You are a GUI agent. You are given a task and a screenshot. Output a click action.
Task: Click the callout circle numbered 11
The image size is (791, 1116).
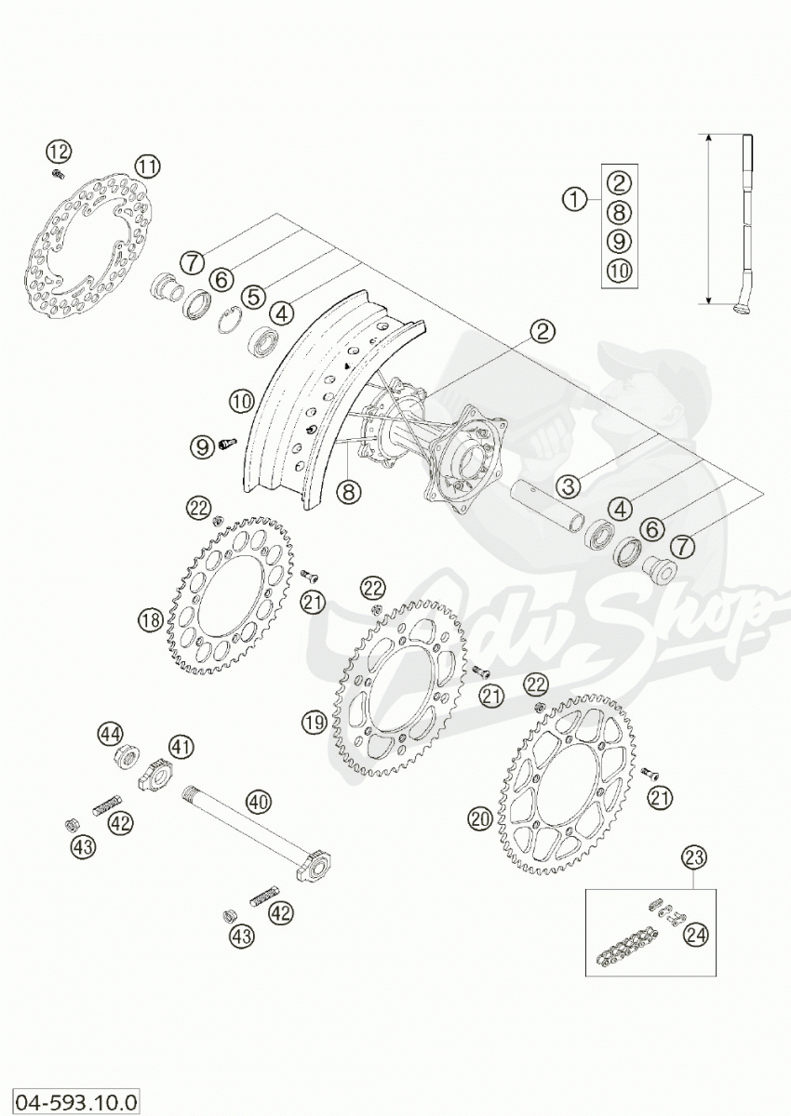(146, 166)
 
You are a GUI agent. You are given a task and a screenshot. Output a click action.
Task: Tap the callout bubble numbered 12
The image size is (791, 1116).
(58, 151)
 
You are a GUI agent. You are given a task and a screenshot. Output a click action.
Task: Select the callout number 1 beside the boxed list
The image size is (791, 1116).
(576, 198)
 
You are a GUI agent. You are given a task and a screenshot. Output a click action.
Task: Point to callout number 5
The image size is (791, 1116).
(251, 297)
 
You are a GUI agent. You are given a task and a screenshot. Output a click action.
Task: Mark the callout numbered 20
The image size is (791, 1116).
(479, 818)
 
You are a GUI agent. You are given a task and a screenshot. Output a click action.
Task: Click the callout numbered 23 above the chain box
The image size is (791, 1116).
(691, 857)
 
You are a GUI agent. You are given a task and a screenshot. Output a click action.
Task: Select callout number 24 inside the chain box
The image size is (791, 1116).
(692, 936)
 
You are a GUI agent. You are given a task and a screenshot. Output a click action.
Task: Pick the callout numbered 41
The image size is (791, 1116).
(181, 745)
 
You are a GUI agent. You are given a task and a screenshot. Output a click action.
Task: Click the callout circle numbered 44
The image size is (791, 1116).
(111, 735)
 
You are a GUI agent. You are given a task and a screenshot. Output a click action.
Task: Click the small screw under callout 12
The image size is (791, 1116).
(59, 173)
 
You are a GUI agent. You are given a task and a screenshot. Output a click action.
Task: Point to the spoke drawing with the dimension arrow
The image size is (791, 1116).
(748, 223)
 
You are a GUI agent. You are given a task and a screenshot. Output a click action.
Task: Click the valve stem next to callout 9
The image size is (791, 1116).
(226, 446)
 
